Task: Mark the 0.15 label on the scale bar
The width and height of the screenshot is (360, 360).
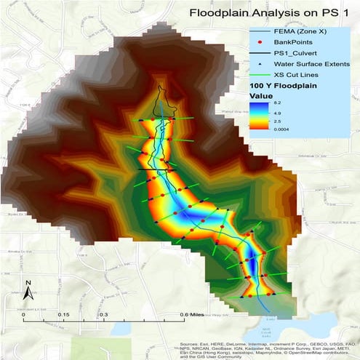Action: click(63, 315)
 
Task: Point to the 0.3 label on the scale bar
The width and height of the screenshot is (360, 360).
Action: click(103, 315)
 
